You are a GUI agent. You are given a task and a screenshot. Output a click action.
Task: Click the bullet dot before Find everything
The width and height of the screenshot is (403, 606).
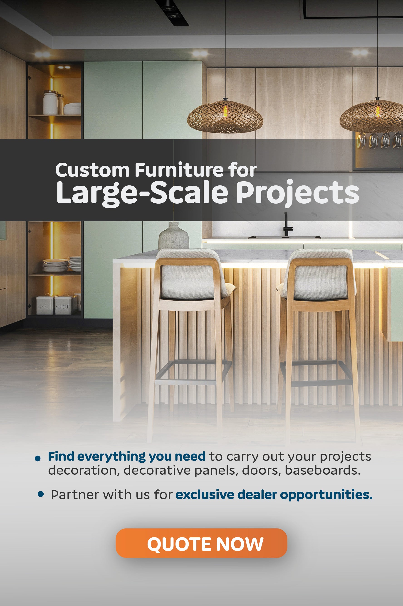[37, 458]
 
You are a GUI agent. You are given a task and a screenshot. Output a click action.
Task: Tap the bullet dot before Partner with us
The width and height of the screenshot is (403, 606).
[41, 494]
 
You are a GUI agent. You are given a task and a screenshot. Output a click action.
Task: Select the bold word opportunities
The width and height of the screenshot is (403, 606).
[326, 495]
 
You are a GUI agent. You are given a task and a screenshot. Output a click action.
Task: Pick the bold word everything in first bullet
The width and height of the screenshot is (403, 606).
[112, 457]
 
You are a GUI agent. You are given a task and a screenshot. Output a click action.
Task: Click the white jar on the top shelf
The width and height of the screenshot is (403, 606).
[50, 103]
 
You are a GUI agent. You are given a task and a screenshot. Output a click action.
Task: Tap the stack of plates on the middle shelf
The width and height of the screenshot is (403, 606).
[56, 265]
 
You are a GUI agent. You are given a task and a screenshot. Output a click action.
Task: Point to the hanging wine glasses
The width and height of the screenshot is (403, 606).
[379, 140]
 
